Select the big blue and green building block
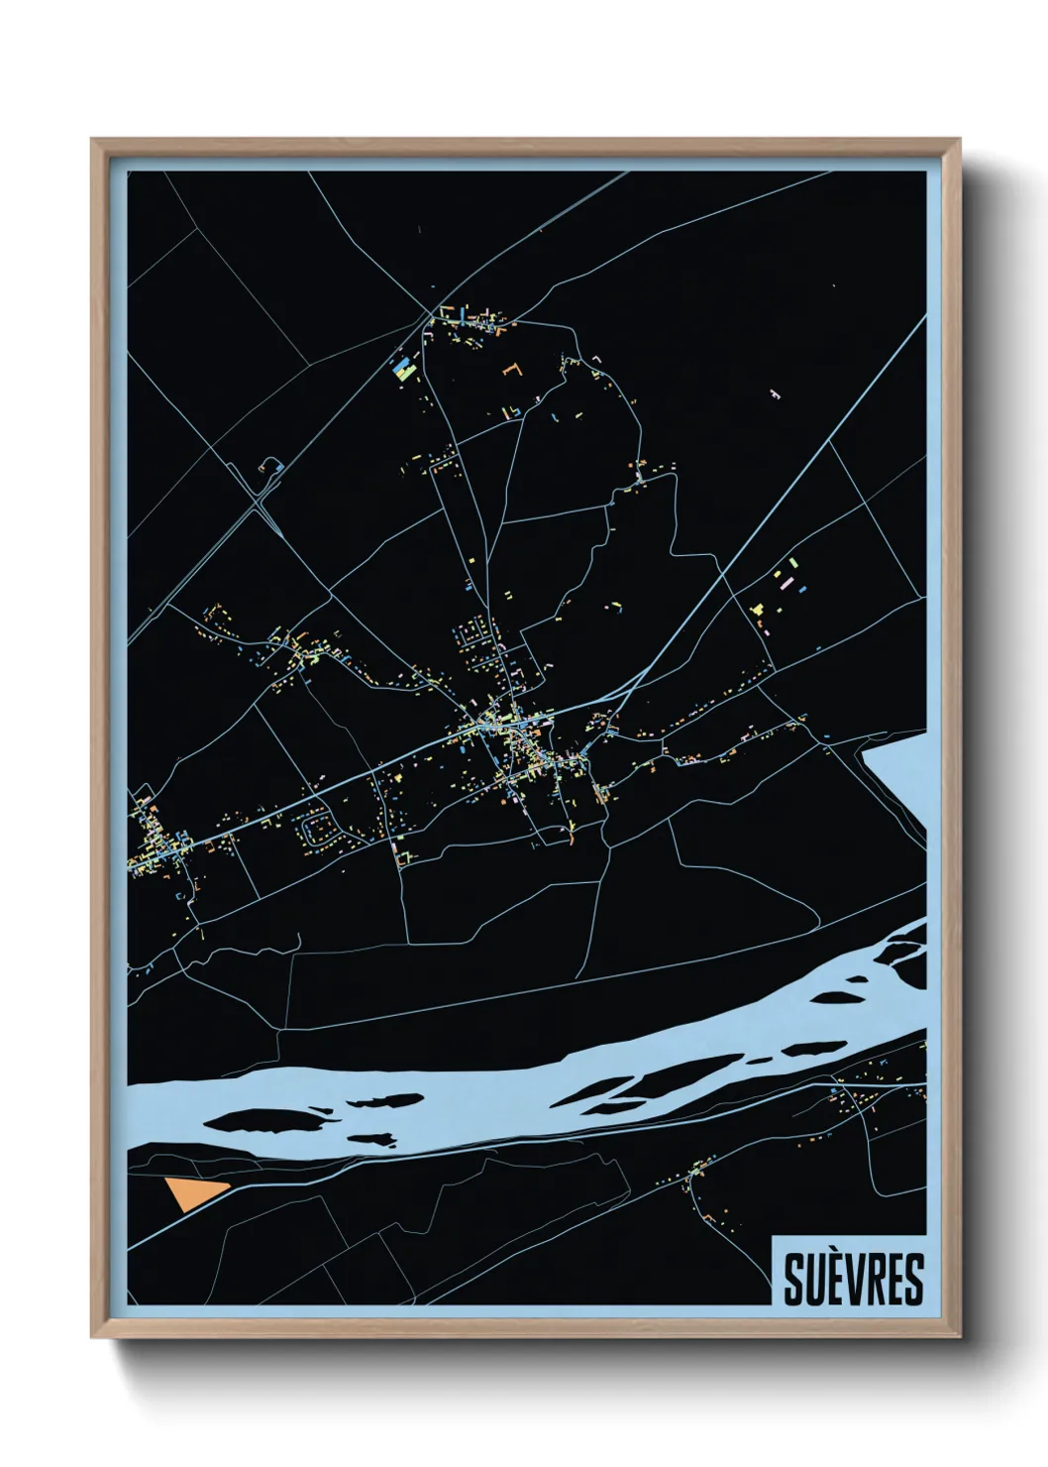click(x=402, y=370)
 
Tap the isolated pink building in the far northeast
click(x=776, y=394)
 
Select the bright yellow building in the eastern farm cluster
click(x=758, y=608)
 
